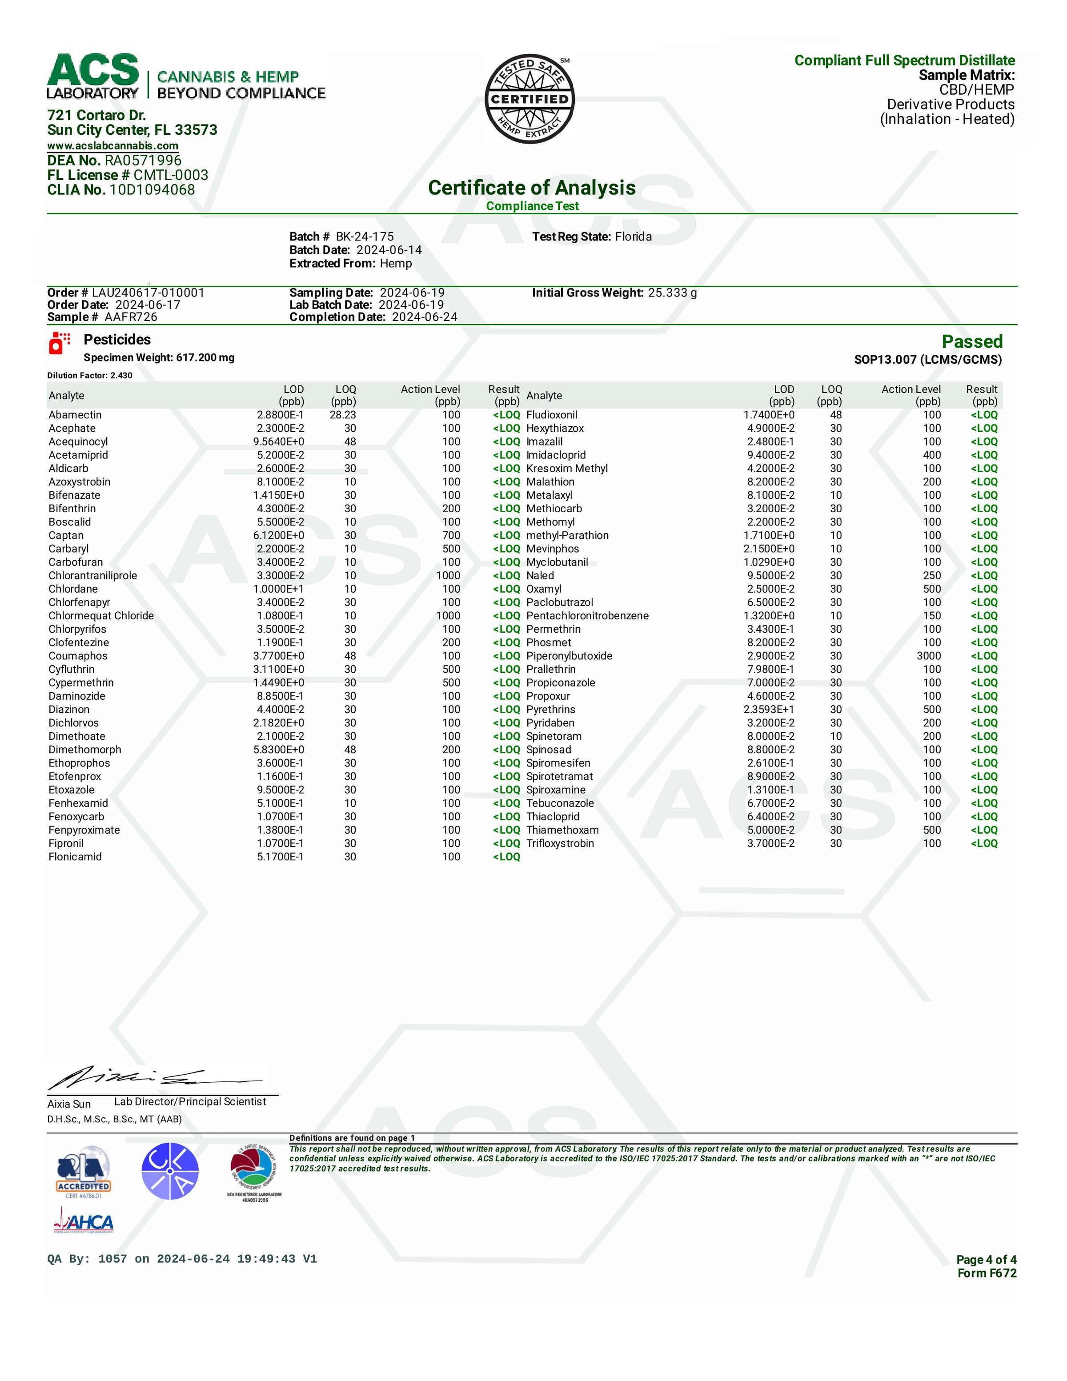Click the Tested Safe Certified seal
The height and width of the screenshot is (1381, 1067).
529,99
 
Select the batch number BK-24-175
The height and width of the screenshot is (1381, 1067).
365,237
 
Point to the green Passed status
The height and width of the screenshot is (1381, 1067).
971,341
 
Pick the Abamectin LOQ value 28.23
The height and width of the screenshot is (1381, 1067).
343,415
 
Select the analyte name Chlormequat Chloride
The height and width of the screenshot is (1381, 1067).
101,616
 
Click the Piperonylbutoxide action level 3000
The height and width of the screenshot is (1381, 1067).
929,656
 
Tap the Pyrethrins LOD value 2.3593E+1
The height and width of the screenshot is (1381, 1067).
769,710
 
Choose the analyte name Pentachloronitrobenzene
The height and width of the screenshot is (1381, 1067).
587,616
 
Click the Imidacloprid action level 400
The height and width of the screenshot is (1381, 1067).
932,455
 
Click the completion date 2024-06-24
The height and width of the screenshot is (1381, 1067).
424,317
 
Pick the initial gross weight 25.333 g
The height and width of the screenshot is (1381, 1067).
672,293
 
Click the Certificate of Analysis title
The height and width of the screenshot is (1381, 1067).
532,188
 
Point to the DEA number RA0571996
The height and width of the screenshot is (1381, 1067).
143,161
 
